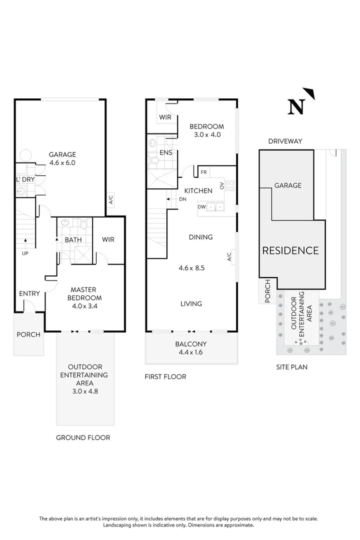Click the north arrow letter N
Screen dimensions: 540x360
[x=296, y=107]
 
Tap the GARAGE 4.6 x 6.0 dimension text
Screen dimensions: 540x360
[x=62, y=162]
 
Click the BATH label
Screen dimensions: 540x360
[x=73, y=240]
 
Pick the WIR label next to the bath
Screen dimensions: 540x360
[x=108, y=240]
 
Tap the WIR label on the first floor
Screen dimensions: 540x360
[x=165, y=117]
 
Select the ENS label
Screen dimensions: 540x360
[x=166, y=152]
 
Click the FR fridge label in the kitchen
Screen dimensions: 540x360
[x=203, y=172]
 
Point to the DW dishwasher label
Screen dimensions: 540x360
[x=202, y=206]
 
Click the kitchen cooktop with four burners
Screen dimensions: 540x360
[x=230, y=185]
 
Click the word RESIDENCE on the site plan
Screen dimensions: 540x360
[x=290, y=250]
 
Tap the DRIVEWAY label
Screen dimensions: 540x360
[x=285, y=141]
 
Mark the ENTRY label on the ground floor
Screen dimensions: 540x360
[x=29, y=293]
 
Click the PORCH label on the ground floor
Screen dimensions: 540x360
[x=28, y=334]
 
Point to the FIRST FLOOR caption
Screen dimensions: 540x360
[x=165, y=376]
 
